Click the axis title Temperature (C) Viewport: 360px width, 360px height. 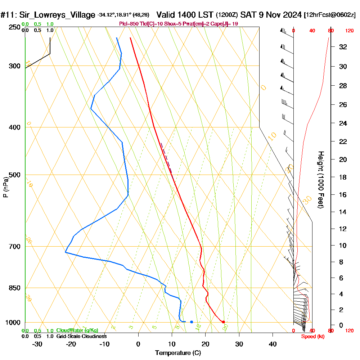(178, 353)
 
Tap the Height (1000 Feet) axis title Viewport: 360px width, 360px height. (320, 180)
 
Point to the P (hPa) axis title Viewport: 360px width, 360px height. (5, 187)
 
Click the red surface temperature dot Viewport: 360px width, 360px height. (224, 322)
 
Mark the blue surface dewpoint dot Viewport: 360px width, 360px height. (192, 322)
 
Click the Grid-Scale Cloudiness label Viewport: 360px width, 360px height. (81, 336)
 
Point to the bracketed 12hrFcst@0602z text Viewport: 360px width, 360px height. (330, 15)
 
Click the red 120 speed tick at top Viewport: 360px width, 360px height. (349, 31)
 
